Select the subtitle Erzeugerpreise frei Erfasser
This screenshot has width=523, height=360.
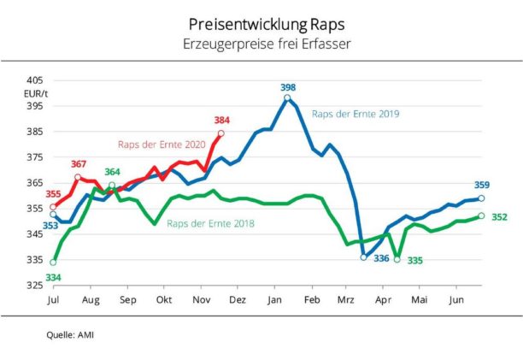pyautogui.click(x=261, y=42)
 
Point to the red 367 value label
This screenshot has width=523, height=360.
pyautogui.click(x=79, y=163)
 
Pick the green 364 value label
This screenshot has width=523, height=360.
pyautogui.click(x=112, y=172)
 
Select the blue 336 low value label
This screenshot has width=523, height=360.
pyautogui.click(x=381, y=257)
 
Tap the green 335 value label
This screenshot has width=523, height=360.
pyautogui.click(x=415, y=259)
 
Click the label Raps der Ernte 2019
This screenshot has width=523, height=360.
pyautogui.click(x=356, y=113)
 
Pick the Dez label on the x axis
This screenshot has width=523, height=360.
pyautogui.click(x=238, y=300)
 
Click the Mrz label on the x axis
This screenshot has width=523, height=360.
pyautogui.click(x=346, y=300)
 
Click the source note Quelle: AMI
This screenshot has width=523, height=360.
pyautogui.click(x=70, y=334)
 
